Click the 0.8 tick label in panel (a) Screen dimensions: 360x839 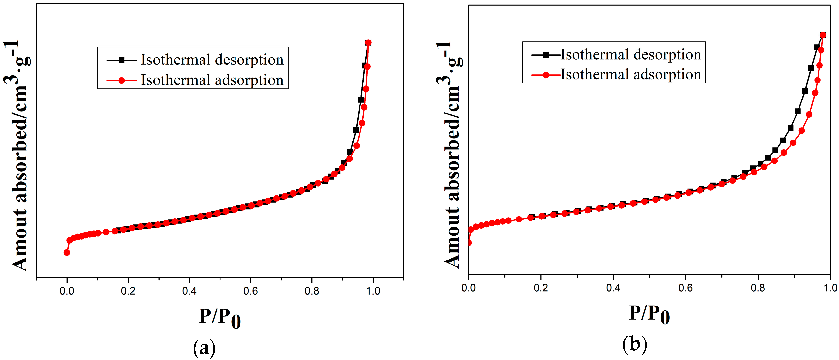pos(312,291)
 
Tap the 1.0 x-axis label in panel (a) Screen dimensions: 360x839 pos(373,291)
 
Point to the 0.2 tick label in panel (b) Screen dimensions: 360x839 pos(541,288)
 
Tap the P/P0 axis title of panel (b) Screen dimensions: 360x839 pos(649,314)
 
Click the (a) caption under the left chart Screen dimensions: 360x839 pos(204,348)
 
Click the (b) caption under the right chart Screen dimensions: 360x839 pos(635,344)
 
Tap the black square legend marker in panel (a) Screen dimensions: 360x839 pos(121,60)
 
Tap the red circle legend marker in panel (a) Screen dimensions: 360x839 pos(121,80)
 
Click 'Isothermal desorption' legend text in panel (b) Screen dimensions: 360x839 pos(631,54)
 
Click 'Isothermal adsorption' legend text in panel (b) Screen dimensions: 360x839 pos(631,75)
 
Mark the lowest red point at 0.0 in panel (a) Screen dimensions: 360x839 pos(67,253)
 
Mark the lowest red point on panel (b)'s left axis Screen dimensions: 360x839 pos(469,243)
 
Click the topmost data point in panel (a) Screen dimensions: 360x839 pos(368,43)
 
